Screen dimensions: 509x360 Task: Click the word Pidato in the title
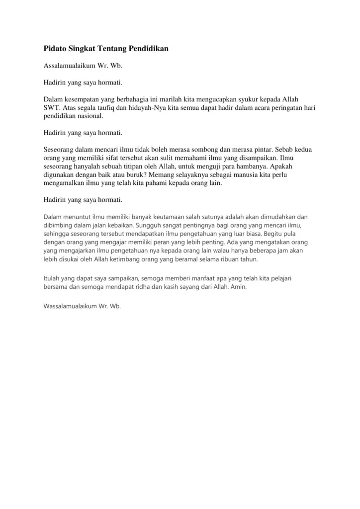[55, 49]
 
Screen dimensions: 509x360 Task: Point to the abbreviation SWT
[51, 107]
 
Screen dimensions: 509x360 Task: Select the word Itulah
[53, 279]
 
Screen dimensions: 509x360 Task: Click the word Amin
[238, 287]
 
